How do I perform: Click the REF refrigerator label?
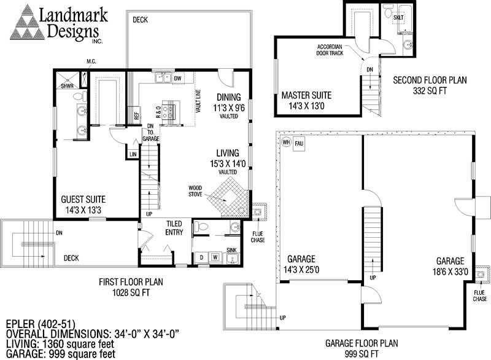tap(131, 114)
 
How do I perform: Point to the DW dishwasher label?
tap(177, 79)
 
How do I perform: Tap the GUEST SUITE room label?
tap(83, 199)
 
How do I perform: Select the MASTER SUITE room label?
tap(306, 95)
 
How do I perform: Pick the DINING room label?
tap(228, 96)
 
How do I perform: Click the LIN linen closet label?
tap(133, 154)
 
